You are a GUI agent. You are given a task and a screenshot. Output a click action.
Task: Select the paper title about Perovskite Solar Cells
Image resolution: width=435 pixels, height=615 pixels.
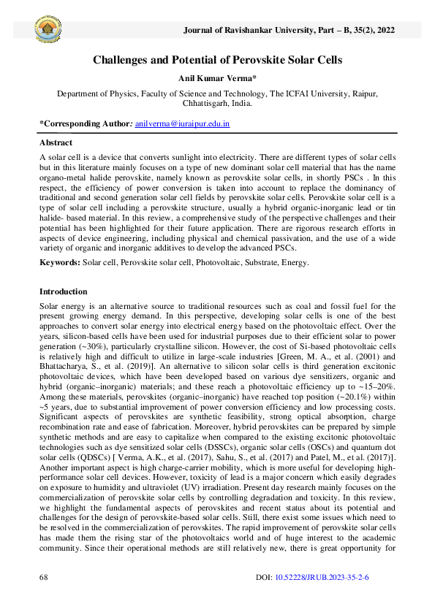click(217, 60)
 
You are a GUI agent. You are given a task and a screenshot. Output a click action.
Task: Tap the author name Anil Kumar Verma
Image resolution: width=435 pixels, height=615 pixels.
click(217, 80)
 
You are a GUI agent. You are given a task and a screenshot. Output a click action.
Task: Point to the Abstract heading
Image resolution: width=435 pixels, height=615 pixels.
click(56, 142)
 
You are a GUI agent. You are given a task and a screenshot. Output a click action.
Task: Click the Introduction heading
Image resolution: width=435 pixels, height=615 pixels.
click(64, 291)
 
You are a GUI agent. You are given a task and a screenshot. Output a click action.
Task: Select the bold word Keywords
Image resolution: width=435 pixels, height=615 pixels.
click(59, 261)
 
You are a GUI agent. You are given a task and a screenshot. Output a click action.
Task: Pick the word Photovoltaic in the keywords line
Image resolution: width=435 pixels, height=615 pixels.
click(224, 261)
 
